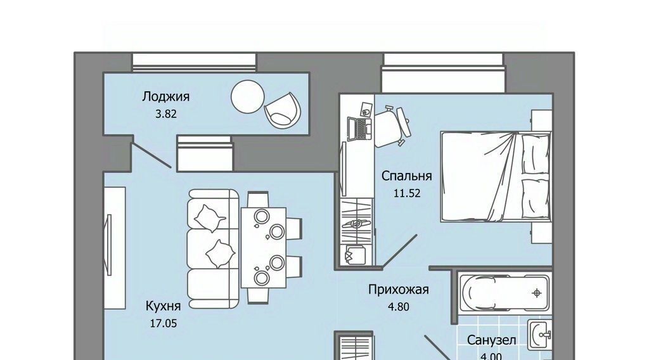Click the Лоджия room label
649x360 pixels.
[x=166, y=97]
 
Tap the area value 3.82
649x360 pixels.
[x=166, y=114]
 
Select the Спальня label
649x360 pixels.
[x=406, y=176]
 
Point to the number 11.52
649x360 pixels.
[x=407, y=193]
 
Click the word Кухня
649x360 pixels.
[x=163, y=306]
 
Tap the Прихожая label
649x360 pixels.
[x=398, y=290]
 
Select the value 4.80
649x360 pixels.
[x=398, y=307]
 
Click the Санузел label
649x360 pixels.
[x=492, y=340]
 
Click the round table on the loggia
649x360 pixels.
[x=248, y=96]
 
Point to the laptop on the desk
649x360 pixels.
[x=359, y=129]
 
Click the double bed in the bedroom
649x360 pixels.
[x=496, y=177]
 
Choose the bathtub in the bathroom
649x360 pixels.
[x=505, y=293]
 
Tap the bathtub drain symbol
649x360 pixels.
[x=537, y=293]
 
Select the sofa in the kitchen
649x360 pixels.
[x=213, y=249]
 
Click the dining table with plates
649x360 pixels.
[x=264, y=247]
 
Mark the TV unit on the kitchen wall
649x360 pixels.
[x=114, y=247]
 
